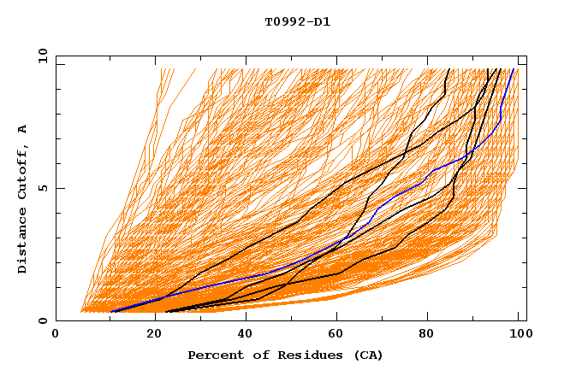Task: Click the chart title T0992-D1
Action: [297, 21]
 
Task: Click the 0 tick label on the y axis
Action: [41, 321]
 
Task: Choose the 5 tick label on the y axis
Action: [41, 188]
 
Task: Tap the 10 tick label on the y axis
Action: [39, 56]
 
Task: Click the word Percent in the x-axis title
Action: [214, 355]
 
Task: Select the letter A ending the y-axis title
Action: [23, 129]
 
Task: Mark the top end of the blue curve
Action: [513, 69]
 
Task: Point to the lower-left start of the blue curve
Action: [111, 312]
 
